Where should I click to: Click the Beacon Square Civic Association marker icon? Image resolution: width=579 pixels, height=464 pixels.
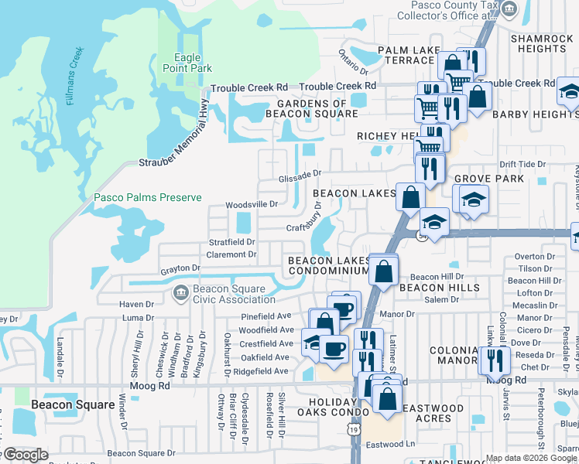click(x=180, y=293)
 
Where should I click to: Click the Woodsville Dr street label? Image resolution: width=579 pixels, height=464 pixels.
click(x=251, y=204)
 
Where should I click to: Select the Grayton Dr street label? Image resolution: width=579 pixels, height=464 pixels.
click(x=180, y=268)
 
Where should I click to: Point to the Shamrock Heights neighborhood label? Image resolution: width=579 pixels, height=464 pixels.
click(x=543, y=43)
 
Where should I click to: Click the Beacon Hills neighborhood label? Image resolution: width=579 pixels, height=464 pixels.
click(x=439, y=288)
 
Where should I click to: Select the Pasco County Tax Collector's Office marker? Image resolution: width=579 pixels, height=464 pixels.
click(x=509, y=9)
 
